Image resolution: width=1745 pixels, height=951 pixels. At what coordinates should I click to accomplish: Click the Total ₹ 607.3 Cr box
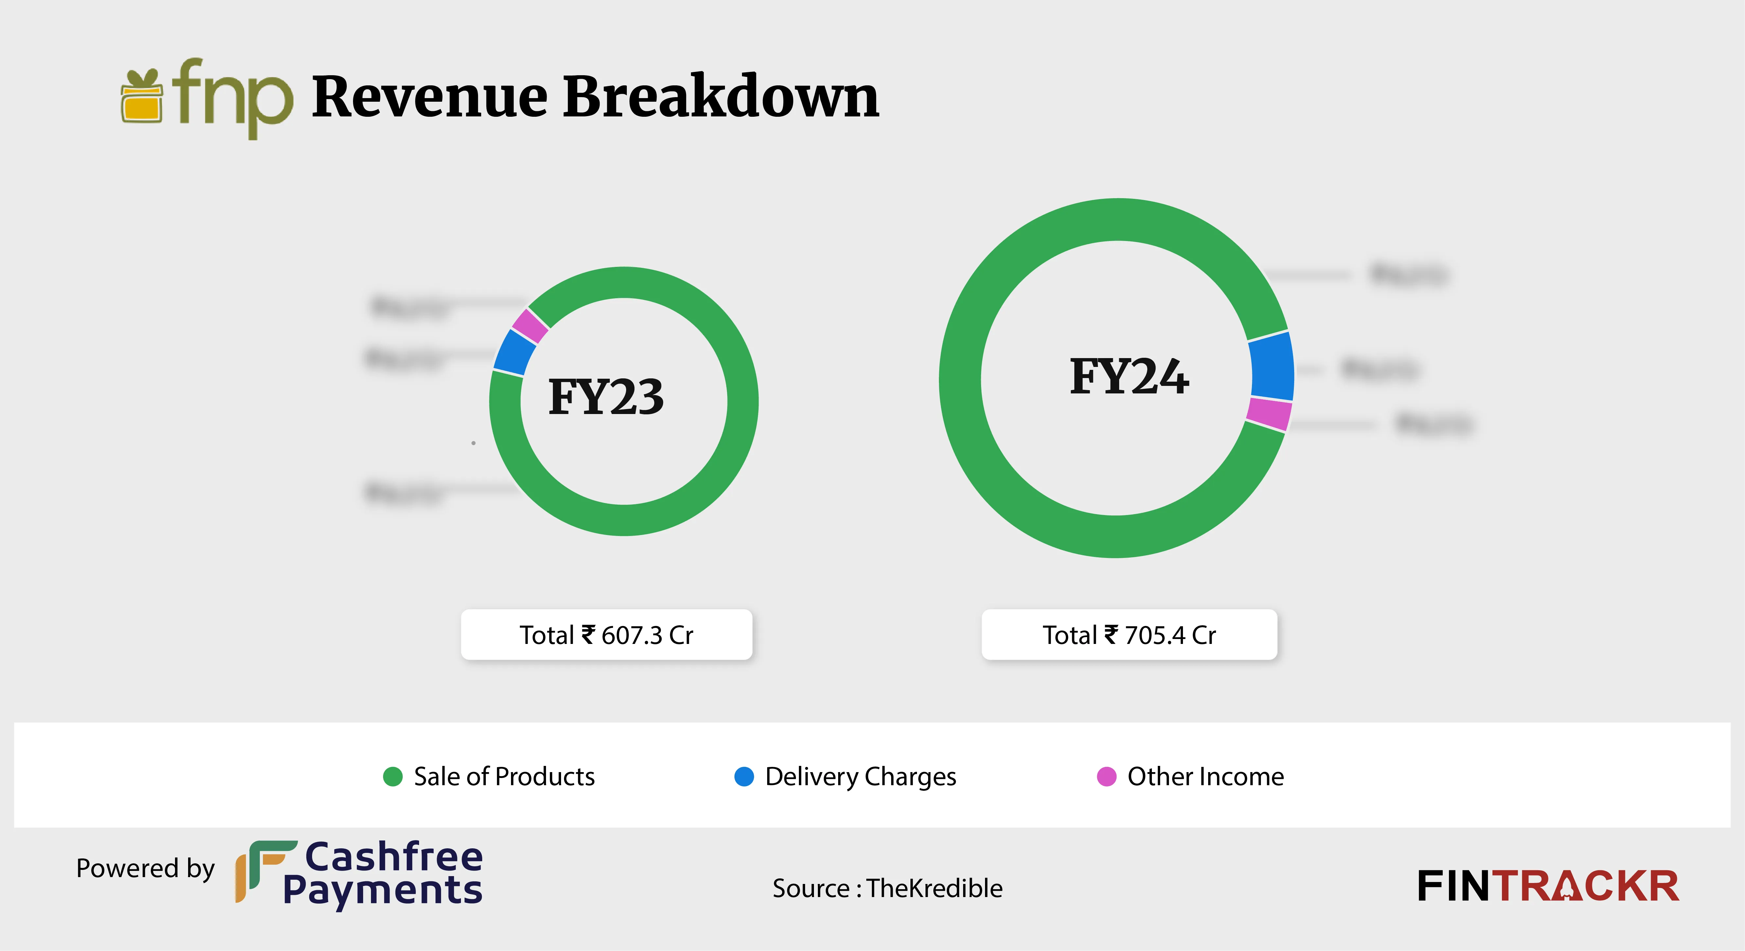606,635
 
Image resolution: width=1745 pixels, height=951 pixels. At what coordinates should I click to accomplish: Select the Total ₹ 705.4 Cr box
1129,635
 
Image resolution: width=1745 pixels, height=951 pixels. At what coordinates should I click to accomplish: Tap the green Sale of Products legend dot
393,776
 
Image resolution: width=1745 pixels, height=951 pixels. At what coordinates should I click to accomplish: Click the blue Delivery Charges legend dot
744,776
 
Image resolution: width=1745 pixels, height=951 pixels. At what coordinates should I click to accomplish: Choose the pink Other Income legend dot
1106,776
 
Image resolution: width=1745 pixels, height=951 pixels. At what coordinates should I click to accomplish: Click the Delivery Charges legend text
860,776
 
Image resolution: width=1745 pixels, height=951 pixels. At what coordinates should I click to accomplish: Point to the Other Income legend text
1205,776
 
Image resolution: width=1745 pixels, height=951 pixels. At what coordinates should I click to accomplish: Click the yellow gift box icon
142,98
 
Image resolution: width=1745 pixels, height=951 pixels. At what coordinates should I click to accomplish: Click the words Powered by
145,868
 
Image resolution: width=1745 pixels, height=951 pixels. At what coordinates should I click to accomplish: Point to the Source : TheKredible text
888,888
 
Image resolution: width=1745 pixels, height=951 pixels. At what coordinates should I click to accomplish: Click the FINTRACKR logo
1548,886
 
